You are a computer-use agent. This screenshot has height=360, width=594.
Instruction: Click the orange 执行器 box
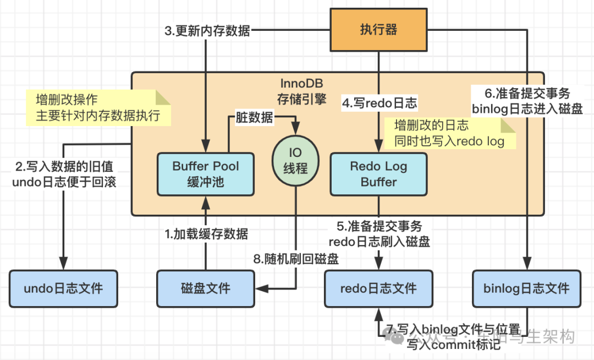tap(378, 30)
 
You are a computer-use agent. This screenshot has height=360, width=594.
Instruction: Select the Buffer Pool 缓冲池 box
tap(206, 173)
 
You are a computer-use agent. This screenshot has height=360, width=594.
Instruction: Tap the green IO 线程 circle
tap(295, 160)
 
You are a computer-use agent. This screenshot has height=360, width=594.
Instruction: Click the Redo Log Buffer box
tap(378, 173)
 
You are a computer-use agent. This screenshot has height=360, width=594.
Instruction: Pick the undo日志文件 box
tap(63, 288)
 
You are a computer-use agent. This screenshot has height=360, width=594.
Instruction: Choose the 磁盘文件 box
tap(206, 288)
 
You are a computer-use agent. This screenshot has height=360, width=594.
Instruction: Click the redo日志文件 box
tap(378, 288)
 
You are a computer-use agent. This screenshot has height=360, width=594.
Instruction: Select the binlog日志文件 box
tap(526, 288)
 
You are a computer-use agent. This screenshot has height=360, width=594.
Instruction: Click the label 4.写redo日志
tap(380, 102)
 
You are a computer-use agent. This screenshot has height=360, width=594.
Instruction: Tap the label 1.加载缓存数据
tap(207, 233)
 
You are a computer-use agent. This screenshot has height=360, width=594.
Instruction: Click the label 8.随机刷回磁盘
tap(296, 259)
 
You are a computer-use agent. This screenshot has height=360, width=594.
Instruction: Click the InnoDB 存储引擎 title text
tap(301, 91)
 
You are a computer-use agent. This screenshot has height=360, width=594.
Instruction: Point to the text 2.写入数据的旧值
tap(64, 166)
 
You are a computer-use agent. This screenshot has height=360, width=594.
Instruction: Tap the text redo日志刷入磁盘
tap(379, 241)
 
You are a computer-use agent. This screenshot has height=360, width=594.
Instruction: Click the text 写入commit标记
tap(454, 345)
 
